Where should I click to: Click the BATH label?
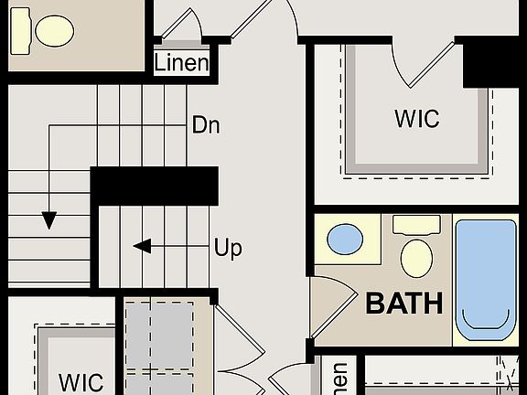coord(404,304)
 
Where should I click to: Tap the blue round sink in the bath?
coord(345,240)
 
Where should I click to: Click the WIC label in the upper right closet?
coord(416,119)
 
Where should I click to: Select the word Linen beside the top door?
coord(181,63)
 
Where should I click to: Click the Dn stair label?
coord(206,124)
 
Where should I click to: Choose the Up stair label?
coord(228,247)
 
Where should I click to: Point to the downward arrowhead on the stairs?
coord(48,220)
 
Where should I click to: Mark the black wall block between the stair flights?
coord(154,186)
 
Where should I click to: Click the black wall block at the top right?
coord(494,64)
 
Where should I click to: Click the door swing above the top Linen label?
coord(183,26)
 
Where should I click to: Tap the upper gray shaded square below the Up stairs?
coord(159,333)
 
